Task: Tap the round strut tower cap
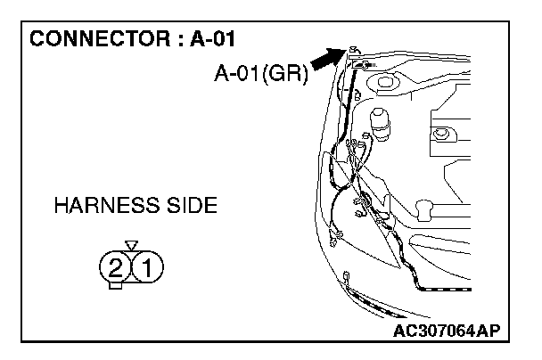386,84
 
